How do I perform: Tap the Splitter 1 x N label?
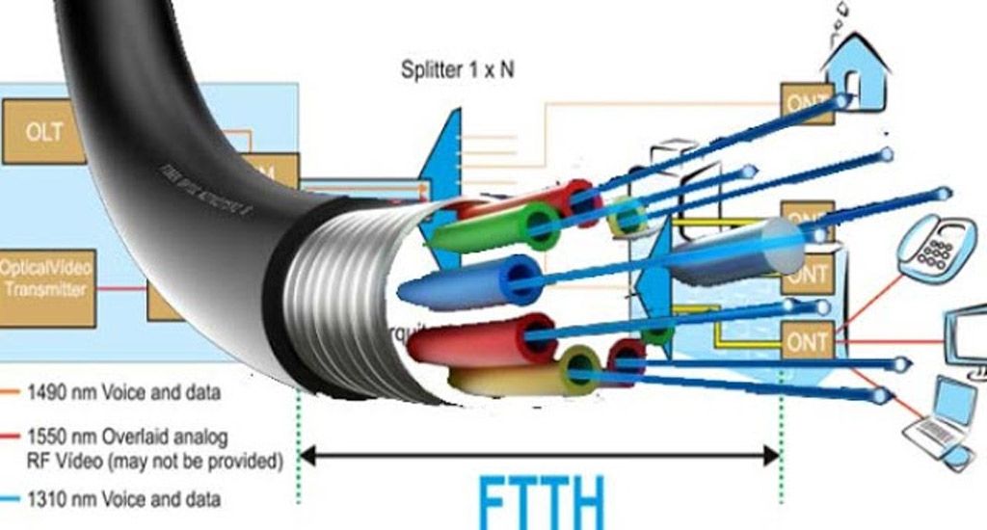point(456,70)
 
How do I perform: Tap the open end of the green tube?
point(539,225)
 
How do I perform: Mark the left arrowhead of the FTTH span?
point(306,454)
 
